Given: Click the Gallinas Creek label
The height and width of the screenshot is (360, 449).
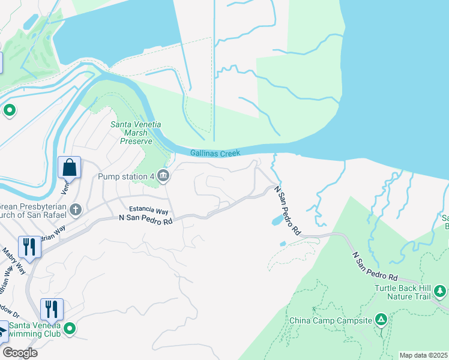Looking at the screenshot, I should pyautogui.click(x=215, y=154).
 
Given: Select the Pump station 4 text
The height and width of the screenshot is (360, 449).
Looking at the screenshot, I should pyautogui.click(x=127, y=176).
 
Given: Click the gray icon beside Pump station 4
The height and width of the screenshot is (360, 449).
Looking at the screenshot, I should pyautogui.click(x=163, y=176).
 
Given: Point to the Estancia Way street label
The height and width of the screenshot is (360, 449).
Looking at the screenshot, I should pyautogui.click(x=149, y=211).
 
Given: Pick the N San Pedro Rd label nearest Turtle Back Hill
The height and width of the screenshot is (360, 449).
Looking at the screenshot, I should pyautogui.click(x=375, y=268).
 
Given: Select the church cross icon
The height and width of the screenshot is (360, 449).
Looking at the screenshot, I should pyautogui.click(x=75, y=210).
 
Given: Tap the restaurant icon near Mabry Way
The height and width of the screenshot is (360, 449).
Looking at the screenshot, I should pyautogui.click(x=28, y=246).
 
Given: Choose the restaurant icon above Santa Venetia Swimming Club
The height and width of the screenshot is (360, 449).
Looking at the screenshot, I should pyautogui.click(x=52, y=309).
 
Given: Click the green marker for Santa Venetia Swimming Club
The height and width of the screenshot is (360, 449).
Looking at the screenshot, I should pyautogui.click(x=70, y=328).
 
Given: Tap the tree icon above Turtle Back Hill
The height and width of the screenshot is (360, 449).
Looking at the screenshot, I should pyautogui.click(x=441, y=292).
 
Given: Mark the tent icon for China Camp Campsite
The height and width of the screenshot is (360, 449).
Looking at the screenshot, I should pyautogui.click(x=381, y=319).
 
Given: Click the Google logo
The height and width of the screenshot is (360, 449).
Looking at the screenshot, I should pyautogui.click(x=20, y=353).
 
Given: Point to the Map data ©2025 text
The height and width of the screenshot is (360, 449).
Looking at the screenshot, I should pyautogui.click(x=423, y=355).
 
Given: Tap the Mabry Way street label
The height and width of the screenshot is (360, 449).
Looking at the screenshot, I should pyautogui.click(x=13, y=259).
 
